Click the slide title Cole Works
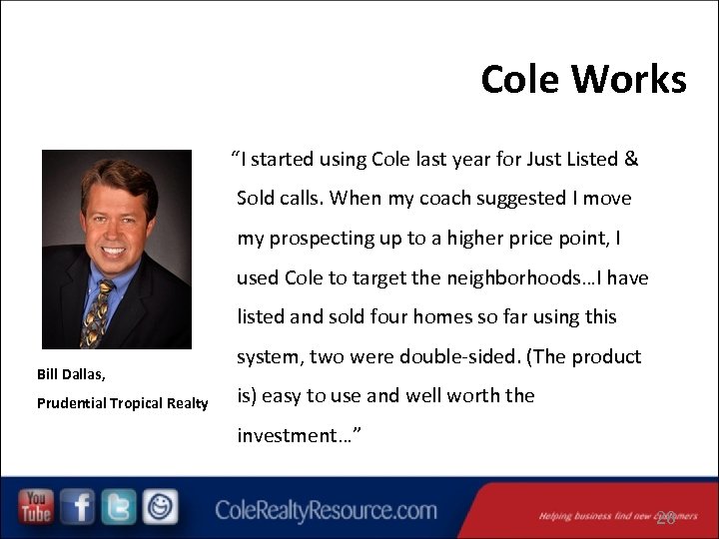pos(583,79)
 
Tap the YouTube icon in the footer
pos(37,507)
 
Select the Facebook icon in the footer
pos(77,507)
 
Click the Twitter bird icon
pos(118,507)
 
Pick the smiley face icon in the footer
pos(159,507)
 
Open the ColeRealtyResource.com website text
pos(326,511)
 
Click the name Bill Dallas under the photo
pos(70,374)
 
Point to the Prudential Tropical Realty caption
pos(122,403)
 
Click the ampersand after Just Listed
pos(630,159)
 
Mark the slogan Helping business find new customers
pos(605,516)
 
